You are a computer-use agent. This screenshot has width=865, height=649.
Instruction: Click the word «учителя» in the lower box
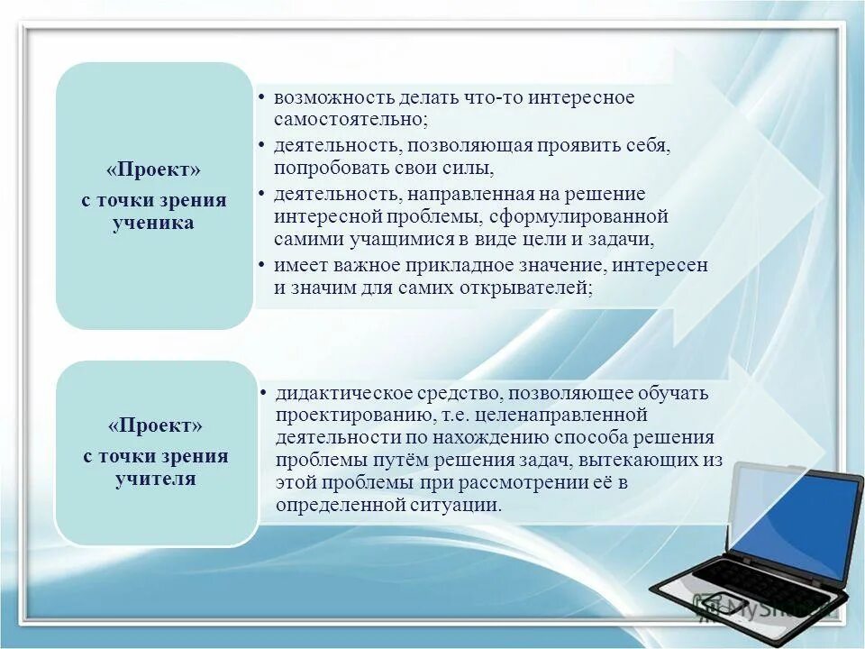tap(155, 479)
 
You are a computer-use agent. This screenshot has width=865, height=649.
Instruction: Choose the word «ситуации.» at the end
tap(456, 506)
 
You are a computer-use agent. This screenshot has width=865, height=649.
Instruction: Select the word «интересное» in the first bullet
tap(581, 97)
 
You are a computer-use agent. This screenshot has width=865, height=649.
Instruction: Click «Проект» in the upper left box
tap(154, 170)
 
